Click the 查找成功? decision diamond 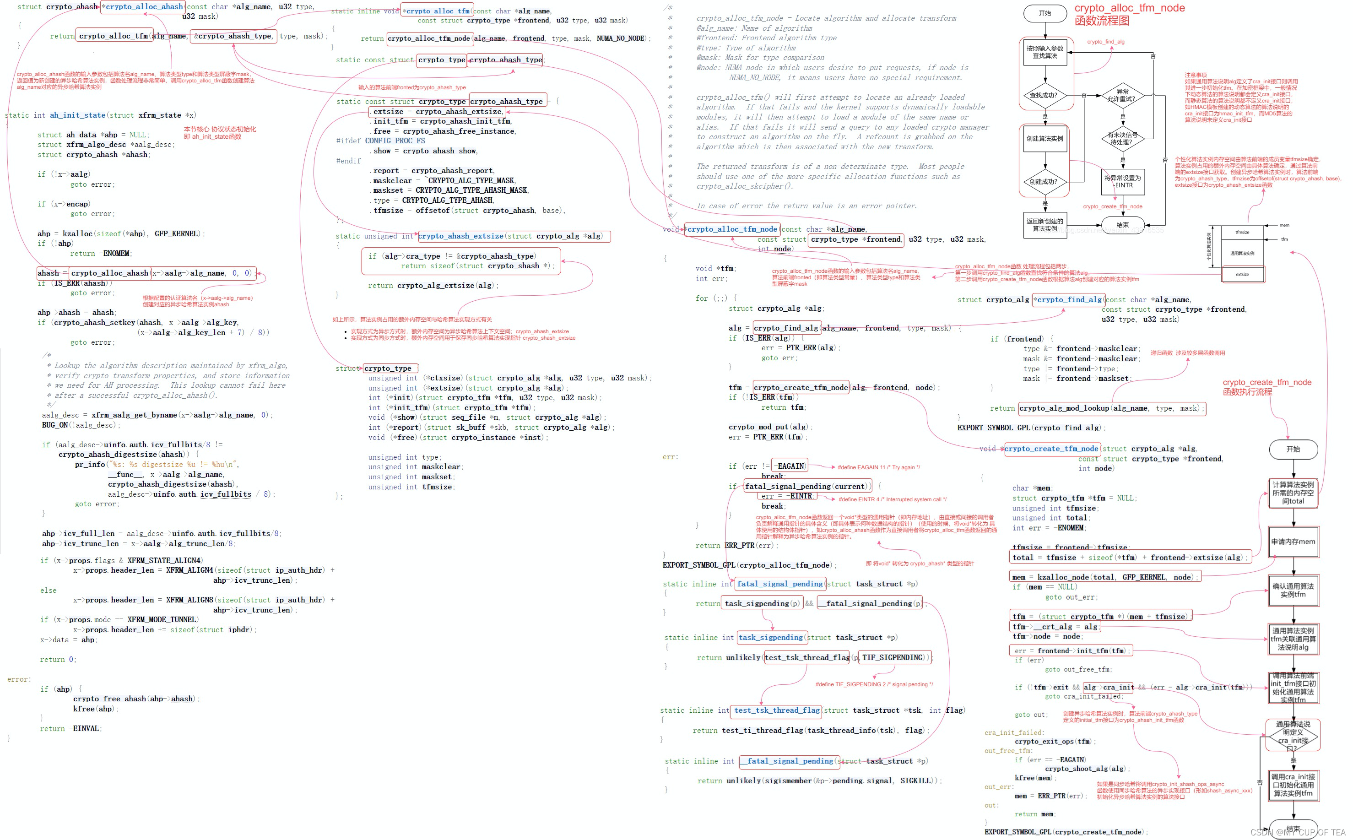tap(1044, 95)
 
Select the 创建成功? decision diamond tap(1044, 182)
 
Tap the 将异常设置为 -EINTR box tap(1122, 182)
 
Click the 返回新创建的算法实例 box tap(1044, 224)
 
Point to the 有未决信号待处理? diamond tap(1122, 138)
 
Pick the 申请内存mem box tap(1293, 542)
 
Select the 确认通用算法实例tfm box tap(1293, 590)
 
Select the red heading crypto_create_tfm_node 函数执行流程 tap(1266, 387)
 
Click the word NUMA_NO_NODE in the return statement tap(620, 38)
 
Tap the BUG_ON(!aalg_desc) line tap(81, 425)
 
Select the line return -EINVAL tap(70, 728)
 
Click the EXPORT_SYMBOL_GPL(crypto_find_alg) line tap(1031, 428)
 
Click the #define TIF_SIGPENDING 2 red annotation tap(874, 684)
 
